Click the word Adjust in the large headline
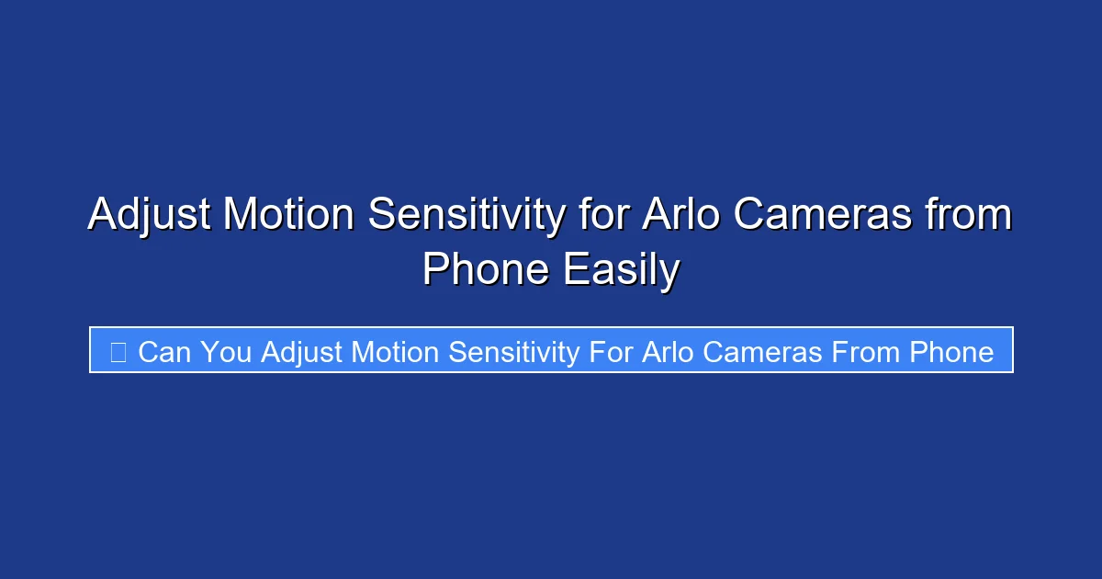pos(150,216)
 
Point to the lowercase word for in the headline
pos(606,216)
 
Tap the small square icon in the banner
pos(118,352)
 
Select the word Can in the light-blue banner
pos(163,352)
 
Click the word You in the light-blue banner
pos(226,352)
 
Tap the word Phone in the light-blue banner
pos(951,352)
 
